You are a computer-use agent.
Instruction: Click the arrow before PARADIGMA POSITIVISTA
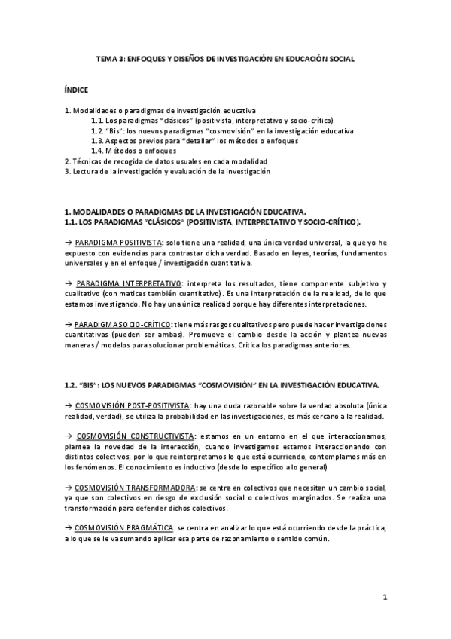pos(68,243)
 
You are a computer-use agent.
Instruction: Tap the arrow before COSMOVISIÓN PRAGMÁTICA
pos(68,528)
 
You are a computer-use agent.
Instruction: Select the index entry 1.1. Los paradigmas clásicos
pos(212,120)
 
